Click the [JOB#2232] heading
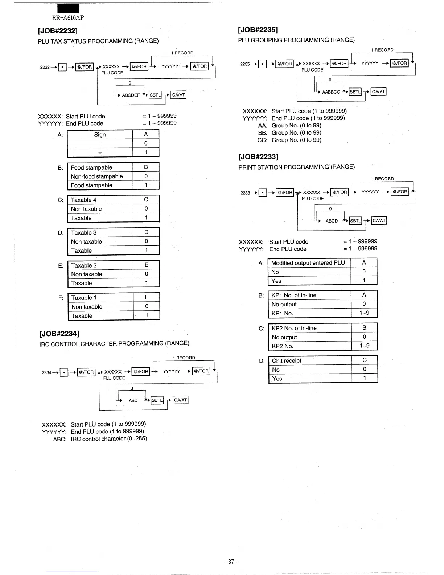(x=58, y=30)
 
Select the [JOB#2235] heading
(x=258, y=29)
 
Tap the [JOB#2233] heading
(x=258, y=157)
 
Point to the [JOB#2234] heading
(x=59, y=334)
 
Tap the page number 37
(x=231, y=562)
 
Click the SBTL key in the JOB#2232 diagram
(x=155, y=95)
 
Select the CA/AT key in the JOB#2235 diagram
(x=378, y=92)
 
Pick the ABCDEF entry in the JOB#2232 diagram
(x=131, y=95)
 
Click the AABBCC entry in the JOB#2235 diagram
(x=331, y=92)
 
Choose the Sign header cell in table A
(x=100, y=135)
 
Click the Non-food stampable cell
(x=97, y=176)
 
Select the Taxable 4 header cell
(x=84, y=200)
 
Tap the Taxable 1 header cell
(x=84, y=298)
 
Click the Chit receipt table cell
(x=287, y=360)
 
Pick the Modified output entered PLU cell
(x=308, y=263)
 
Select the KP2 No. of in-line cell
(x=294, y=328)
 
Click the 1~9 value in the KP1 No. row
(x=364, y=313)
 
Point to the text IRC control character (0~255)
(x=109, y=439)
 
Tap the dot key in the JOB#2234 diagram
(x=64, y=372)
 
